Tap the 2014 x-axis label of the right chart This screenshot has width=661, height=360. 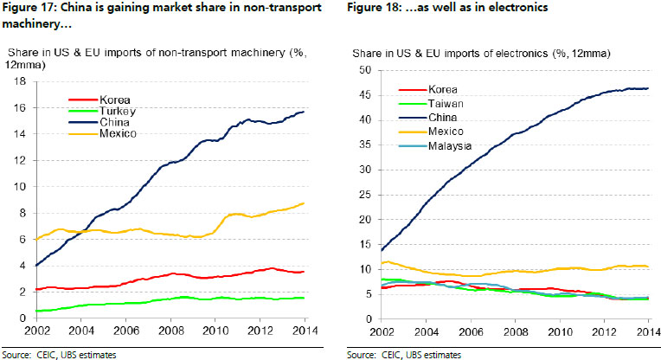(648, 332)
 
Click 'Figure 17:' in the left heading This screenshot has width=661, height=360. (26, 9)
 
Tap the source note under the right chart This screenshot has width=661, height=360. (403, 354)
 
